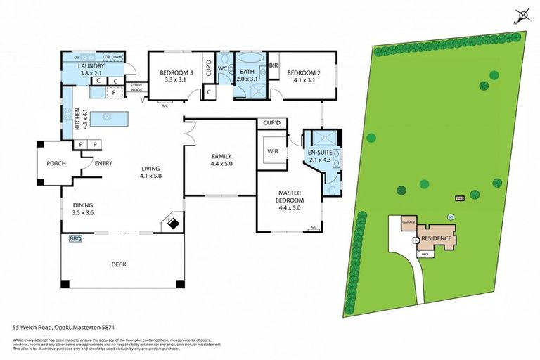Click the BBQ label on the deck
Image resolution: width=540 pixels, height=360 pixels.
75,239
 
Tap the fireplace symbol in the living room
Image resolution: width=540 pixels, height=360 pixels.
173,223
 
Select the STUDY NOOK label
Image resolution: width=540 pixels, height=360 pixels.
136,87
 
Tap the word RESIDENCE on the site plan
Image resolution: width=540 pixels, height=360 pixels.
438,239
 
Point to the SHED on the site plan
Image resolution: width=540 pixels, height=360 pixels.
460,199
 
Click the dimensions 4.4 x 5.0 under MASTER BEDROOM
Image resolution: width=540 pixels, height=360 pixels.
289,207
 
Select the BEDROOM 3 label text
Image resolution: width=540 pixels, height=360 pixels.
176,72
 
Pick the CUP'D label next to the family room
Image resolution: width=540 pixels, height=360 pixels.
271,123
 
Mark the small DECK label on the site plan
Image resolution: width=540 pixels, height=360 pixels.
425,254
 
